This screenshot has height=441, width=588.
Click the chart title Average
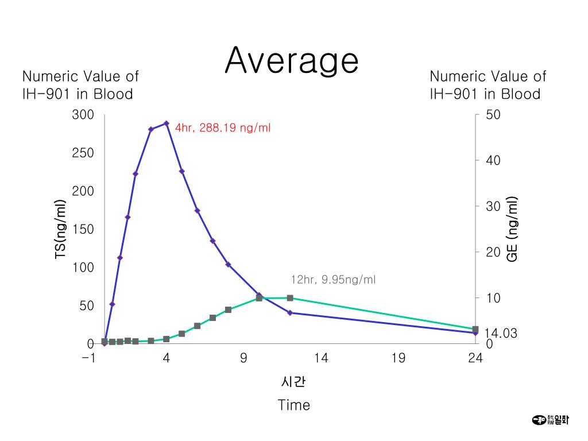pos(292,60)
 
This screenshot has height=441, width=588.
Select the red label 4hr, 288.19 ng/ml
pos(223,128)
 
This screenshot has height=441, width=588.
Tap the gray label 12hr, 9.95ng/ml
pos(333,280)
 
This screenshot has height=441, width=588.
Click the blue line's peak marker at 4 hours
pos(167,123)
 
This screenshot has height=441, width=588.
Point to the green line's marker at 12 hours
pos(290,298)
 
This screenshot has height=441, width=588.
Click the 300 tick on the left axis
pos(83,115)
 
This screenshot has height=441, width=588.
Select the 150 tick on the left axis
pos(83,229)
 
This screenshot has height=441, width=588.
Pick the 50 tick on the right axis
pos(493,115)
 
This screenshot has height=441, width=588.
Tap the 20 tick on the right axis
pos(493,252)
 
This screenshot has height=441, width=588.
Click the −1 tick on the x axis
pos(88,358)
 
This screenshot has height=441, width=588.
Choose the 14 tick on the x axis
pos(321,358)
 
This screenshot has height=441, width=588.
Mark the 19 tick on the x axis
pos(398,358)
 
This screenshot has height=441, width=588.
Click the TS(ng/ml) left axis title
pos(60,229)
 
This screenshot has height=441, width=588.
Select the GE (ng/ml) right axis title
pos(512,229)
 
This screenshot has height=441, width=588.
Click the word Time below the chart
pos(293,405)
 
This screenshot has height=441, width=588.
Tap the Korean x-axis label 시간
pos(294,382)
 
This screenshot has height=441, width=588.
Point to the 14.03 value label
pos(501,333)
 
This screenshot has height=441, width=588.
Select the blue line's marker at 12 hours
pos(290,313)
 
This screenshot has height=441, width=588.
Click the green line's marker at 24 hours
pos(475,329)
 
